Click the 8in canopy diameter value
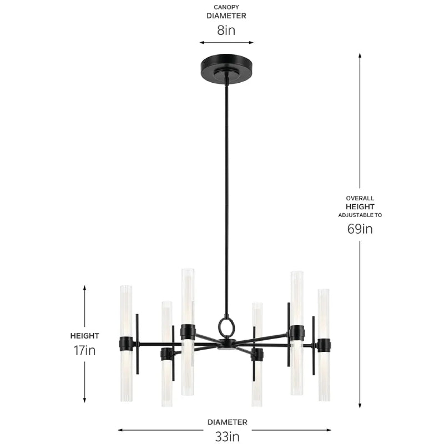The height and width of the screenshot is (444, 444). coord(226,30)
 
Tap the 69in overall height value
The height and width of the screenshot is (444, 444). coord(360,229)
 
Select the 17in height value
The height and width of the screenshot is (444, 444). coord(84,350)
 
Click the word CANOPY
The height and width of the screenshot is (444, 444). coord(226,7)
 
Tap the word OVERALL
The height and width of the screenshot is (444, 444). coord(360,198)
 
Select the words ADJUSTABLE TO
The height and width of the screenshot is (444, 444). coord(360,215)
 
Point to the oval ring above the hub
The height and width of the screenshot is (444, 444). coord(226,327)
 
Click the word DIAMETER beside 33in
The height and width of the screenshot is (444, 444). coord(228,422)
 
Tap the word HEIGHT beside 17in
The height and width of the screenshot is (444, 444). coord(84,336)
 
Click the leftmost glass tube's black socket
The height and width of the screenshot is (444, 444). coord(126,344)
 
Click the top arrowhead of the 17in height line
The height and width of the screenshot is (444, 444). coord(85,288)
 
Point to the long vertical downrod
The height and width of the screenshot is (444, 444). coord(226,194)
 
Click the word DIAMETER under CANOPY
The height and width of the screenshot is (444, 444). coord(226,16)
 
